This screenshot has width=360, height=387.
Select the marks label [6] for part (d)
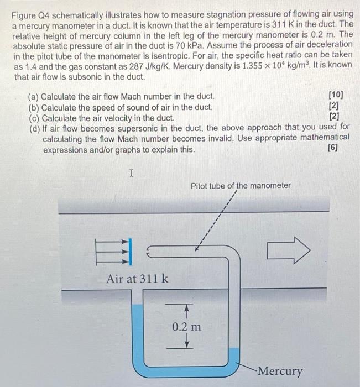333,148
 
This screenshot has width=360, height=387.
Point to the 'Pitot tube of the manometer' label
241,186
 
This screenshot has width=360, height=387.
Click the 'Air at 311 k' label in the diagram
138,279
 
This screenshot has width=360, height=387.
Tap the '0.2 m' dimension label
186,327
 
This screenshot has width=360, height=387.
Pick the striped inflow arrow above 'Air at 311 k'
115,252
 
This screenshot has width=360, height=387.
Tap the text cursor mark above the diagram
131,174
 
